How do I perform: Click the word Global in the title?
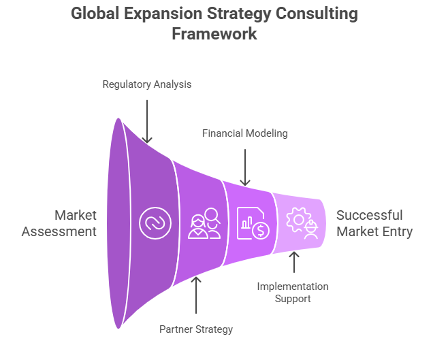coord(95,14)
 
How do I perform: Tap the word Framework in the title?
coord(215,34)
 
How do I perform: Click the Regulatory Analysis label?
coord(147,84)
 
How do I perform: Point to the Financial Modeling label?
coord(245,133)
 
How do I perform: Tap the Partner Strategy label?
coord(196,329)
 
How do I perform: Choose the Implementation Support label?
coord(293,293)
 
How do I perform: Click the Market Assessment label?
coord(59,223)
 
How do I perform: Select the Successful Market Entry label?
coord(374,223)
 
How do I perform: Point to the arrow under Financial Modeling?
coord(245,166)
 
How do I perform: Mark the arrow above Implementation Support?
coord(293,262)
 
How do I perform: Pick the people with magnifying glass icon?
coord(204,223)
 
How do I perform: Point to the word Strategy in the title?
coord(236,14)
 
